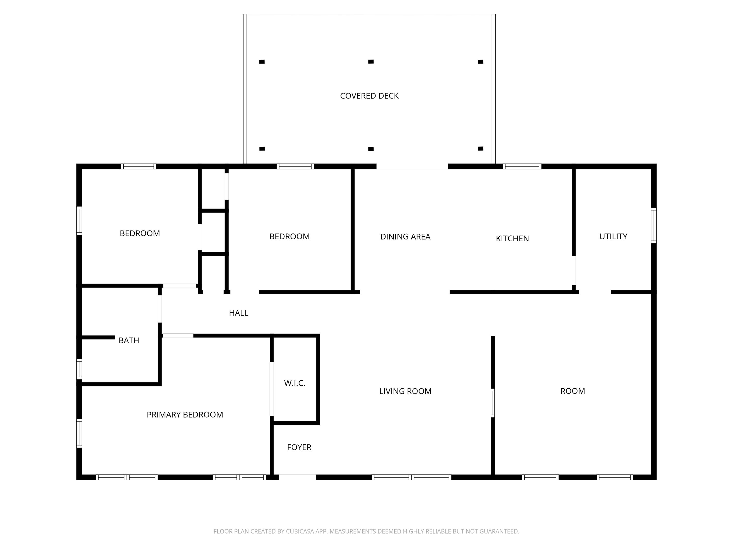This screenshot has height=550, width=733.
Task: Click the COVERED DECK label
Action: (369, 96)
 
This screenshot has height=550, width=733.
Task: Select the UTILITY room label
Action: (613, 236)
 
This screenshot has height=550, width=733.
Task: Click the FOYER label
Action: (299, 447)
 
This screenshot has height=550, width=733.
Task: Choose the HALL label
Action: (238, 313)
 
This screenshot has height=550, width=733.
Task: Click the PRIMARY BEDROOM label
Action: (184, 415)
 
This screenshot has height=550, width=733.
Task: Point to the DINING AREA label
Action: (405, 237)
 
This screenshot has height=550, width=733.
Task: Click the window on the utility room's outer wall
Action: (654, 225)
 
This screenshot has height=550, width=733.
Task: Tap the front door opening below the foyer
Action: (297, 477)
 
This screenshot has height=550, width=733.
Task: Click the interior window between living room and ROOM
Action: (492, 403)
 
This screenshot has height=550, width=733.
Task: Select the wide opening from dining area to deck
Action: (412, 167)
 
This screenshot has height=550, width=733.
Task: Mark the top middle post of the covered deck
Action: (371, 62)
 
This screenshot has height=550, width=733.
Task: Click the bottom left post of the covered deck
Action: (262, 149)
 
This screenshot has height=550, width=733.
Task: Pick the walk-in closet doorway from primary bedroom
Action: (272, 389)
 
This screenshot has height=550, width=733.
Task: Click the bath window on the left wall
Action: (79, 369)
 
